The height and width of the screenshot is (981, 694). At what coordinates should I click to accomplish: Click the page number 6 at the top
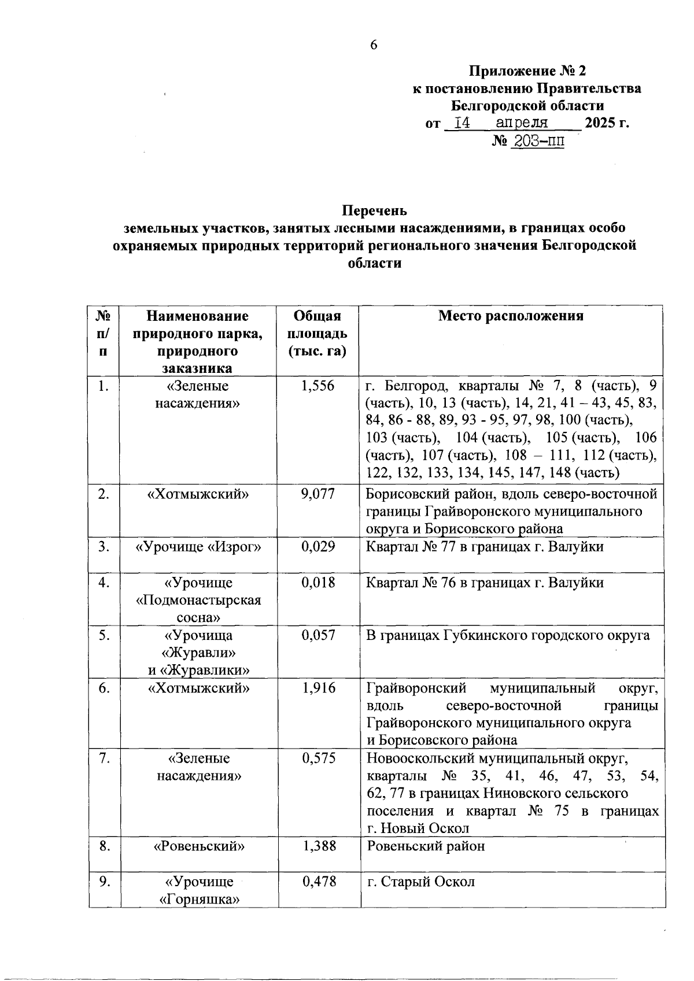click(374, 45)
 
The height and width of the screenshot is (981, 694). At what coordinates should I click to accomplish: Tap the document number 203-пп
click(536, 140)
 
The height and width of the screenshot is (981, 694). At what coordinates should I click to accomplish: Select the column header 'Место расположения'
click(510, 316)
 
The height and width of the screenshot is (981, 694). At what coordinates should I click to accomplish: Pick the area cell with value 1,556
click(318, 386)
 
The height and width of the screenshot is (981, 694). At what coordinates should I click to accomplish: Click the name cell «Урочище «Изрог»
click(198, 546)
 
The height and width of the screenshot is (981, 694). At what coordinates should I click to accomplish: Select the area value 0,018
click(318, 582)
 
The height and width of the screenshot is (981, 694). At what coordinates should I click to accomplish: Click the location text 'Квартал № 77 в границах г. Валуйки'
click(485, 546)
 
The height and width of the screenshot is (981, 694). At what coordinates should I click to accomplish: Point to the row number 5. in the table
click(104, 635)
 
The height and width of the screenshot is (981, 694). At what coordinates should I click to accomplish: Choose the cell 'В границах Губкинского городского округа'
click(508, 635)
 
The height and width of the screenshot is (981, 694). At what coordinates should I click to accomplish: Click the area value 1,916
click(318, 688)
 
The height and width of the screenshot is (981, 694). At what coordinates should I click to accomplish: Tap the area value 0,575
click(318, 758)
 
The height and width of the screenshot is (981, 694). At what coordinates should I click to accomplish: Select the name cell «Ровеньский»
click(198, 846)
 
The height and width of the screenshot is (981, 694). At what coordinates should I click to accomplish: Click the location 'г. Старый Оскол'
click(420, 882)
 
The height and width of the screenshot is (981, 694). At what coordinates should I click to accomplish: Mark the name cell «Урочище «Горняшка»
click(198, 890)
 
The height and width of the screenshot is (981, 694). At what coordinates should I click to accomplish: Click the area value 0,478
click(318, 882)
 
